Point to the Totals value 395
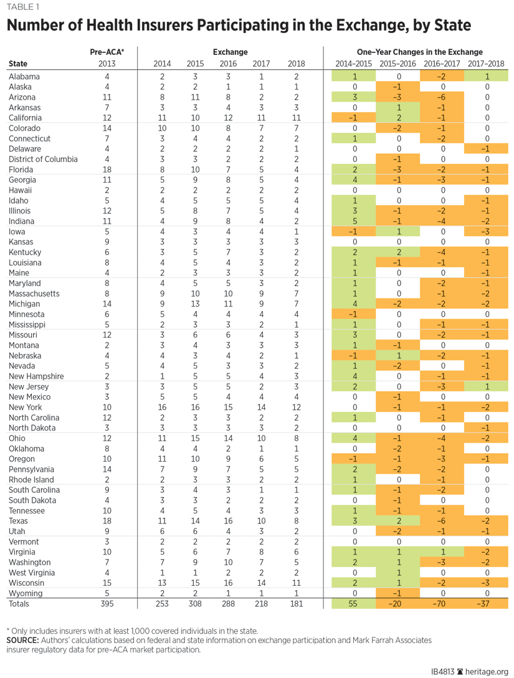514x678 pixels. [x=107, y=603]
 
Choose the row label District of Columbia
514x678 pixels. [x=43, y=159]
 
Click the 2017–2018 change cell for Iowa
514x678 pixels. [x=487, y=232]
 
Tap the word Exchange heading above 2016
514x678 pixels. [x=229, y=52]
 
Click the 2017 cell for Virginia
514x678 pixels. [x=260, y=552]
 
